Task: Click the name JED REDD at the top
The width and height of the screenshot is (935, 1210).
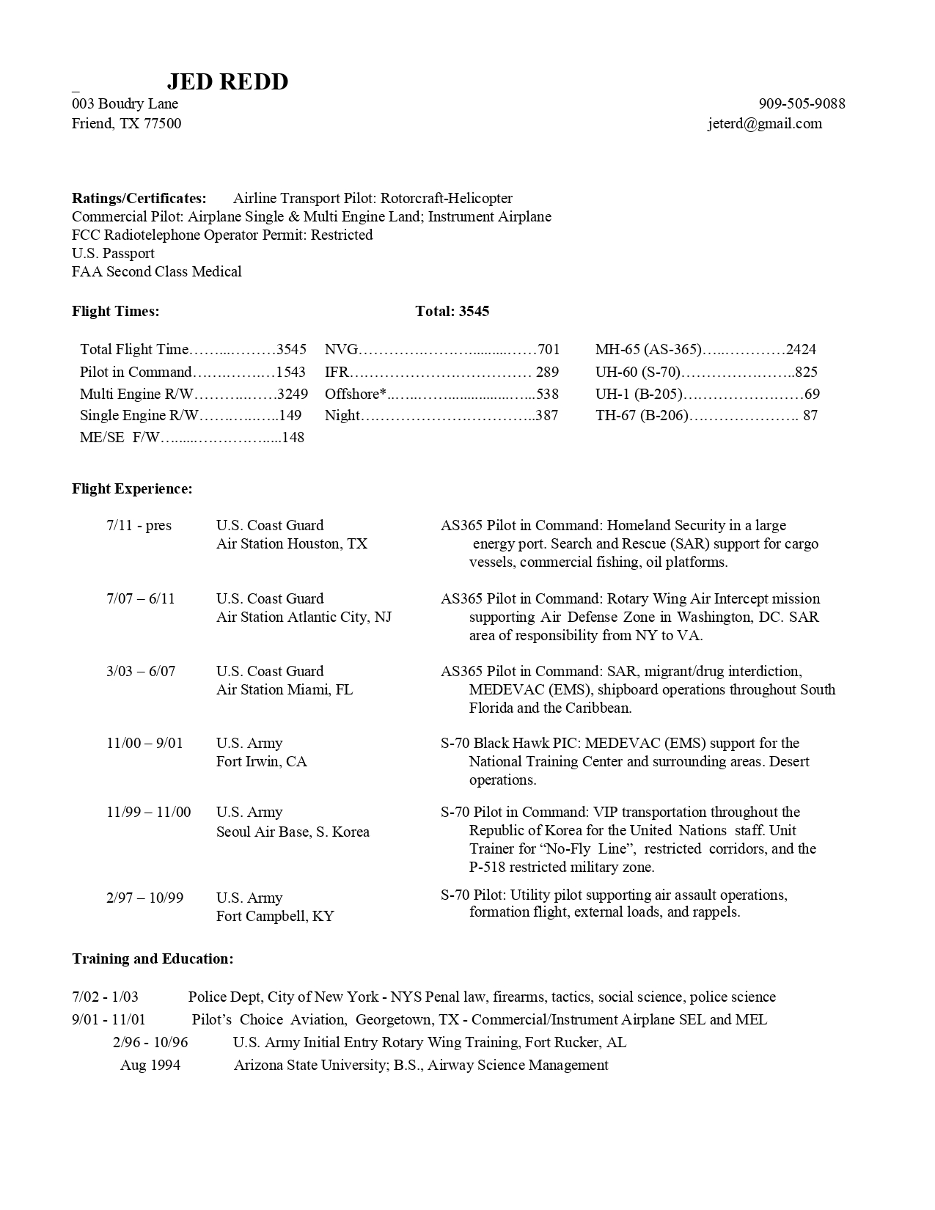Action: tap(227, 81)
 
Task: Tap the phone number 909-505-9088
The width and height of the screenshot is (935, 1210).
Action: tap(802, 103)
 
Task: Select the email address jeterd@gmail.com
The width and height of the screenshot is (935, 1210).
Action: tap(765, 123)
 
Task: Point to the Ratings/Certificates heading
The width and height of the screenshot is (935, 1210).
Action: tap(139, 198)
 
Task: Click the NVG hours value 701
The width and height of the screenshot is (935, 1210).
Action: tap(549, 350)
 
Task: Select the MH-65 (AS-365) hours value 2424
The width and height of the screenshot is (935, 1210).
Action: tap(801, 350)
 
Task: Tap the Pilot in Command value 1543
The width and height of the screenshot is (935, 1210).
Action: tap(290, 372)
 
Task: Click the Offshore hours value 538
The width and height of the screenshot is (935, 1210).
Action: tap(548, 394)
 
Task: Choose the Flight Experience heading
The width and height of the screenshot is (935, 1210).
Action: tap(132, 488)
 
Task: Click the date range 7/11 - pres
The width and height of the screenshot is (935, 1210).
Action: tap(139, 526)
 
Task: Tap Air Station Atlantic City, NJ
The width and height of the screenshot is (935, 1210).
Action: tap(304, 617)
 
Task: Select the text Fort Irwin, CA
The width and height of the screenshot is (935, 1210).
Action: tap(262, 761)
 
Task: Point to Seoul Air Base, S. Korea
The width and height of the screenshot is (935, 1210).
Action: tap(293, 832)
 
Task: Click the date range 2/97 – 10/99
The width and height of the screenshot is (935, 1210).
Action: tap(144, 898)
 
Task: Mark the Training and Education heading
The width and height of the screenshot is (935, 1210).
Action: tap(153, 958)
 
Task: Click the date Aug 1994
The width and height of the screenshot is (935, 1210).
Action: tap(150, 1065)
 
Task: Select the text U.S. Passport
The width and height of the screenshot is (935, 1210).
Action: tap(113, 254)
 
